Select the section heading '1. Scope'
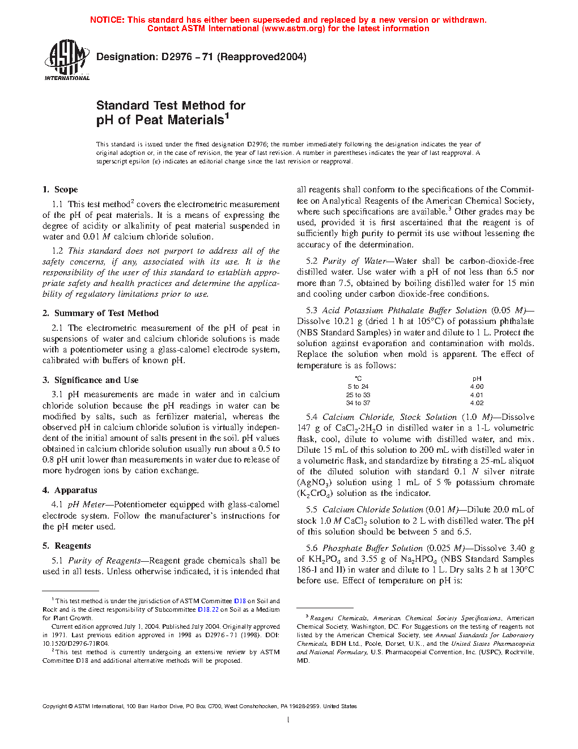60,190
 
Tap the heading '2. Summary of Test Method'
100,313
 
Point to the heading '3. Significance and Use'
90,380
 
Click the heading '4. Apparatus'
70,490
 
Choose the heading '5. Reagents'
66,546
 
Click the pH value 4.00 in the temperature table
477,387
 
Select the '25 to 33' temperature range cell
358,395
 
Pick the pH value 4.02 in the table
477,403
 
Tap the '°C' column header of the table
358,378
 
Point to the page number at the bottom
288,720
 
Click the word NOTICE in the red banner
107,20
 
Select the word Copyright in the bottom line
54,706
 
